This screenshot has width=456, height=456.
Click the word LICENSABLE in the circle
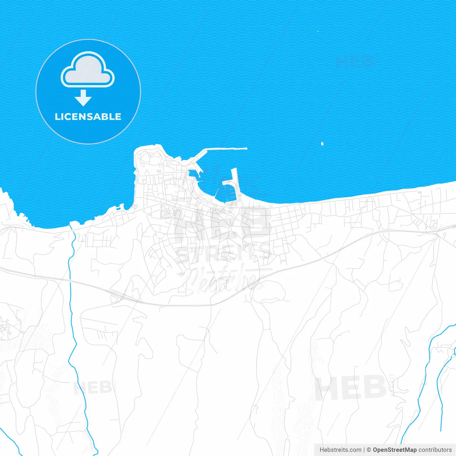[88, 117]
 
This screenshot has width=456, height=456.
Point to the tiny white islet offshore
[322, 144]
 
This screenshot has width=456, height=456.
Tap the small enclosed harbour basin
[193, 174]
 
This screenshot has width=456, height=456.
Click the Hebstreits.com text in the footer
[340, 450]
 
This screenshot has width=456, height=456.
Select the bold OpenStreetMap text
[394, 450]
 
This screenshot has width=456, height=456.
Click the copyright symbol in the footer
[369, 450]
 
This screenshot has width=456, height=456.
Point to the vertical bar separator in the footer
[364, 450]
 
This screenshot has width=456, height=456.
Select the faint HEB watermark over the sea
[354, 61]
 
